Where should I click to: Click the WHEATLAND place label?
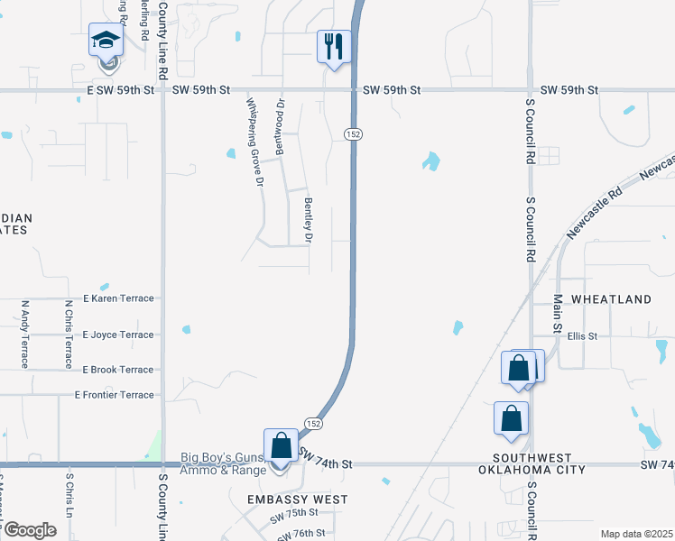click(x=611, y=299)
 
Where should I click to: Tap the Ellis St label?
click(x=582, y=336)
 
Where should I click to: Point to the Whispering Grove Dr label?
click(x=255, y=142)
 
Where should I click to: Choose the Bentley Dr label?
click(x=308, y=222)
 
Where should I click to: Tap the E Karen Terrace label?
click(x=118, y=298)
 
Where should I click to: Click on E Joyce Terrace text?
click(x=118, y=335)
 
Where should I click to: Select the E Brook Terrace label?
click(x=118, y=370)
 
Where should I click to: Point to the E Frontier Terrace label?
click(x=115, y=395)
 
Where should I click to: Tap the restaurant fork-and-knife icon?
click(x=333, y=45)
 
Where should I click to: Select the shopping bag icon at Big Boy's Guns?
click(x=281, y=445)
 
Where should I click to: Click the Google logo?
click(x=30, y=530)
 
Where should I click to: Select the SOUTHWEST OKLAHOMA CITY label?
click(x=532, y=463)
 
